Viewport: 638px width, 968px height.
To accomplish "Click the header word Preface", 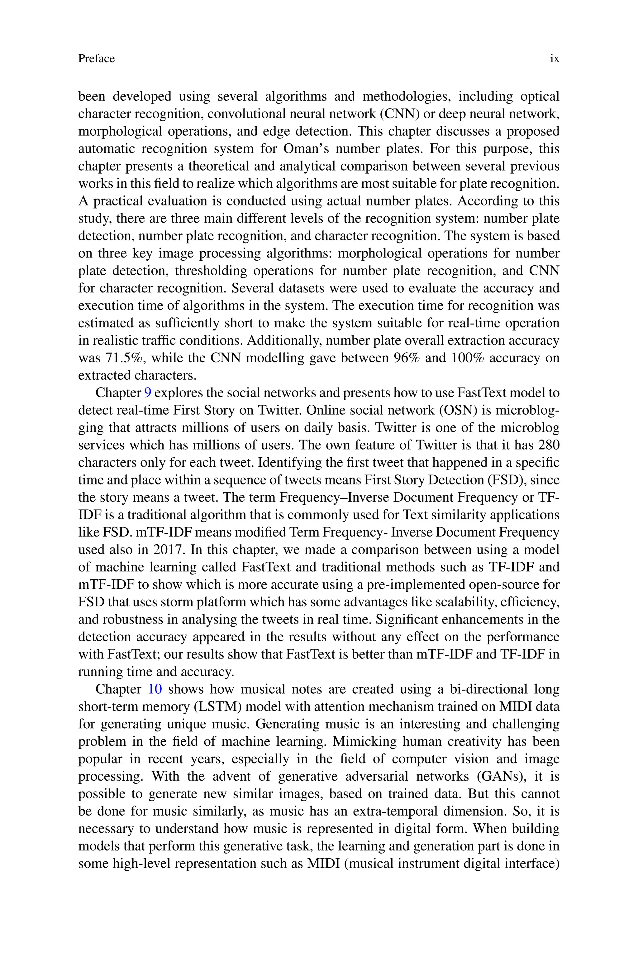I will [97, 59].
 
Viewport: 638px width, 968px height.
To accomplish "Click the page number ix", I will [554, 59].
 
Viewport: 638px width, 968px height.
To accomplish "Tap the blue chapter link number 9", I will [148, 393].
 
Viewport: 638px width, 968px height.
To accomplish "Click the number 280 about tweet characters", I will [549, 445].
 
